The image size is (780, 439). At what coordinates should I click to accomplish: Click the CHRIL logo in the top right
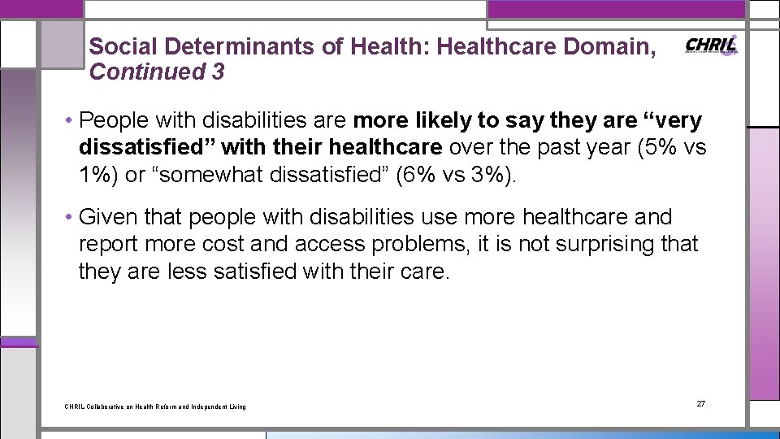pos(712,46)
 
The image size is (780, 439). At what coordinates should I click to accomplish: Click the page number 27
pos(701,404)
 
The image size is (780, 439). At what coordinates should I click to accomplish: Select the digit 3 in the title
pos(217,72)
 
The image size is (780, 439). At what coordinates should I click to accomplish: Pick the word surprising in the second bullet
pos(594,245)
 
